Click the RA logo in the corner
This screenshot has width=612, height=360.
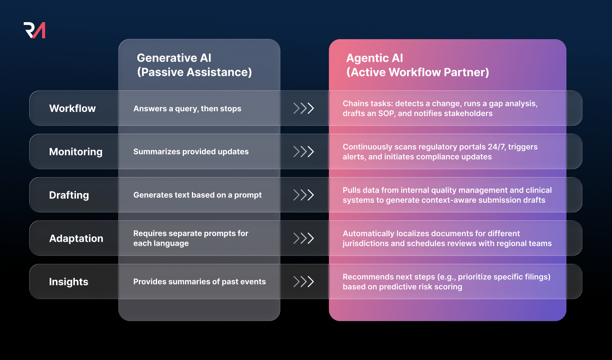click(34, 30)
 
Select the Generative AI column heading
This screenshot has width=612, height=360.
click(194, 65)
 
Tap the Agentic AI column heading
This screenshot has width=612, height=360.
click(417, 65)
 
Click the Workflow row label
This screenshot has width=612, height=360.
click(72, 108)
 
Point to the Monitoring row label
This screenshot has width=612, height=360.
click(76, 152)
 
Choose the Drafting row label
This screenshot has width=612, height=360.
click(69, 195)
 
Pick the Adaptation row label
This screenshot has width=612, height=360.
click(76, 239)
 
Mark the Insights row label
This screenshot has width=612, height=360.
click(68, 282)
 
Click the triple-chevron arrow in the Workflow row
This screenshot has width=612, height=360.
click(303, 108)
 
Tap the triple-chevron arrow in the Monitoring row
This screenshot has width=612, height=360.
click(303, 152)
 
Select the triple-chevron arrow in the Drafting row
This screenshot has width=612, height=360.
click(303, 195)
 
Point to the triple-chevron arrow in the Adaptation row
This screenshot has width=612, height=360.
click(303, 238)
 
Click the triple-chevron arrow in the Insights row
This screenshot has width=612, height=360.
click(303, 282)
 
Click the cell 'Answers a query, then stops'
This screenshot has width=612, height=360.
click(187, 109)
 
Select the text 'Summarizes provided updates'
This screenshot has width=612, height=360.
click(191, 152)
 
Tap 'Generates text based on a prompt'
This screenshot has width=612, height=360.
click(197, 195)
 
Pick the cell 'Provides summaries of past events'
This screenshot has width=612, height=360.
click(199, 282)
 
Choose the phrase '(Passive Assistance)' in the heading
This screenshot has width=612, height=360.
click(194, 72)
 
